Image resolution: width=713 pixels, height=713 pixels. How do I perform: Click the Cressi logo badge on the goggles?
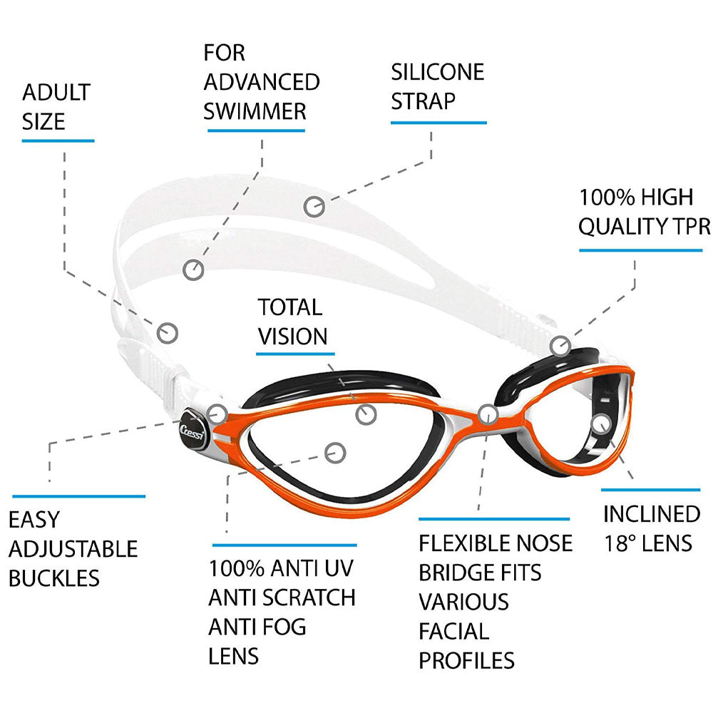click(193, 429)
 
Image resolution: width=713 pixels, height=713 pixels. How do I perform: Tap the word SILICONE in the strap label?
click(438, 72)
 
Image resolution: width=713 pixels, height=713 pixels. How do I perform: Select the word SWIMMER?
click(255, 111)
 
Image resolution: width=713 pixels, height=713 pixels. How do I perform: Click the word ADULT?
click(56, 92)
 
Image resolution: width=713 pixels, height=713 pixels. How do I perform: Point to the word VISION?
click(292, 337)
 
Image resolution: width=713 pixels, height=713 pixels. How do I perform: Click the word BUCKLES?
click(54, 578)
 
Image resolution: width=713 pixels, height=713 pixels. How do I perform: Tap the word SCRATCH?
click(309, 597)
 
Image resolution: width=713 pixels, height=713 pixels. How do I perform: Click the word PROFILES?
click(466, 661)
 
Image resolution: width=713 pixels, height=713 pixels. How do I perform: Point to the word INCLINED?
click(652, 514)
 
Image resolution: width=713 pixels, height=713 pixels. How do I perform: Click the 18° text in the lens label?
click(620, 543)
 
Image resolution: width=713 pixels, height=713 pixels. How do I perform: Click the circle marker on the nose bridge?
click(488, 415)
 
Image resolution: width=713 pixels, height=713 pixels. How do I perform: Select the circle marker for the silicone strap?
click(314, 207)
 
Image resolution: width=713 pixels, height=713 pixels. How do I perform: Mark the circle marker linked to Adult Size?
click(168, 333)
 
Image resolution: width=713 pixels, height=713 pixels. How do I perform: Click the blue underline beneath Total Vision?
click(296, 354)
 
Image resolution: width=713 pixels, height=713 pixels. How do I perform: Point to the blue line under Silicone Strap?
click(438, 123)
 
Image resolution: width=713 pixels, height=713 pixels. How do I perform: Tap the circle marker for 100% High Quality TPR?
click(560, 346)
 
